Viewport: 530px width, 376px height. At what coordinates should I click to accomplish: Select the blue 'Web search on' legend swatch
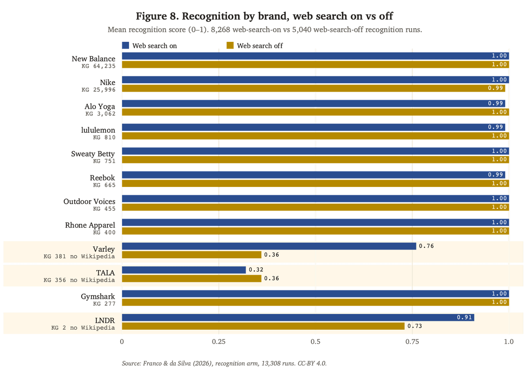125,45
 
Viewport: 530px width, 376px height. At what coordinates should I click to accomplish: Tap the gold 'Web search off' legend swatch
230,45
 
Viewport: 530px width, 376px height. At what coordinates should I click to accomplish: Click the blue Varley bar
269,246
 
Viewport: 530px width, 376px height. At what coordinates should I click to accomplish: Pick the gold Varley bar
192,255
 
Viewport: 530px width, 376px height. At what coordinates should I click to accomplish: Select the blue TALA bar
184,270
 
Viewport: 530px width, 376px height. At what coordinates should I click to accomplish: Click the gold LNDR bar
263,326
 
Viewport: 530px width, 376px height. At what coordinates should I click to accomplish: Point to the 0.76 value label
426,246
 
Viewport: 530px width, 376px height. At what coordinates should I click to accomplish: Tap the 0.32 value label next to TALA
256,270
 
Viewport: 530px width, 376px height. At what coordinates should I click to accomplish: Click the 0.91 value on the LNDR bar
464,317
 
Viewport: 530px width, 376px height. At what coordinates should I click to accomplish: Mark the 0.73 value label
415,326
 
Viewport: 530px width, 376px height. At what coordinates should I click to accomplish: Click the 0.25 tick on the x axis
219,342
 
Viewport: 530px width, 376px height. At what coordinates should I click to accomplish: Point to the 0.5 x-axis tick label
315,342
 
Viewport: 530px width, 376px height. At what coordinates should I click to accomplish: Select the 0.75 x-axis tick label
412,342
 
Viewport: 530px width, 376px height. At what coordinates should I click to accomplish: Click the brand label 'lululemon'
98,130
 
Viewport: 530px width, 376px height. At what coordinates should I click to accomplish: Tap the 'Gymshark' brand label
98,297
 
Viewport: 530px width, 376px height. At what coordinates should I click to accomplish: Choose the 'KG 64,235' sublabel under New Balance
98,66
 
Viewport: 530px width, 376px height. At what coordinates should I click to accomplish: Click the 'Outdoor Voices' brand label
89,201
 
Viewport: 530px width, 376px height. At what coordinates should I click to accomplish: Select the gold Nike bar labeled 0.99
314,88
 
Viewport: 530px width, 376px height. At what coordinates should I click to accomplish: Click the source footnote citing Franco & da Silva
224,363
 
